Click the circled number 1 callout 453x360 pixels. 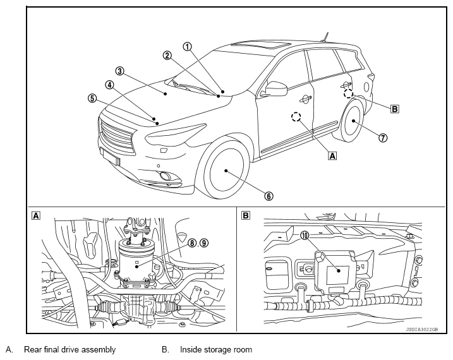(x=188, y=47)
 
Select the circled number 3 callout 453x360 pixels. (x=119, y=71)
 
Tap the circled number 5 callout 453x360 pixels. (x=92, y=98)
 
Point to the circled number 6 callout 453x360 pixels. (x=269, y=196)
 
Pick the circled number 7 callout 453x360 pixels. (x=383, y=138)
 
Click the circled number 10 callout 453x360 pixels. (x=305, y=236)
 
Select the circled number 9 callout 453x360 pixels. (x=204, y=243)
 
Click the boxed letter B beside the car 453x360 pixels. (x=395, y=109)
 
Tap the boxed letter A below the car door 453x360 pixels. (x=333, y=155)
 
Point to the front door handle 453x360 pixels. (x=306, y=99)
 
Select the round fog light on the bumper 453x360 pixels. (x=166, y=176)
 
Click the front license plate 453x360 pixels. (x=111, y=156)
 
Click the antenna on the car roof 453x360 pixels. (x=325, y=37)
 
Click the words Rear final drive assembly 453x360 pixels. (x=69, y=350)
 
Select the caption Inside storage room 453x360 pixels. (x=216, y=350)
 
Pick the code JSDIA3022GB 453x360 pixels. (x=422, y=329)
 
